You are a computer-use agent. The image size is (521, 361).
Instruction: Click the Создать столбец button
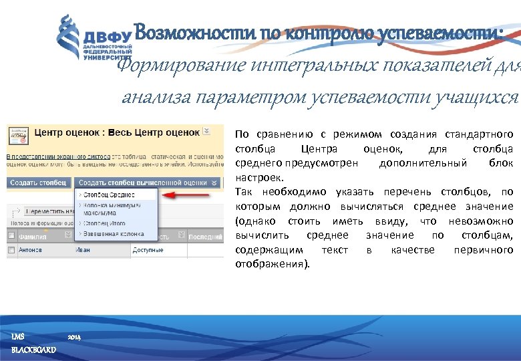39,182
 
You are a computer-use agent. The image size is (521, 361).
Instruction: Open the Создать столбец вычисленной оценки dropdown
148,182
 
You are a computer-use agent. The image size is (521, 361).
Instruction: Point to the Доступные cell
148,249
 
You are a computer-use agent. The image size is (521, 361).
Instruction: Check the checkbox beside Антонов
11,249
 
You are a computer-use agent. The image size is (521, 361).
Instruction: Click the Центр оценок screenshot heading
117,132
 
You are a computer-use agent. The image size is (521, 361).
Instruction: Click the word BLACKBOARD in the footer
33,350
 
